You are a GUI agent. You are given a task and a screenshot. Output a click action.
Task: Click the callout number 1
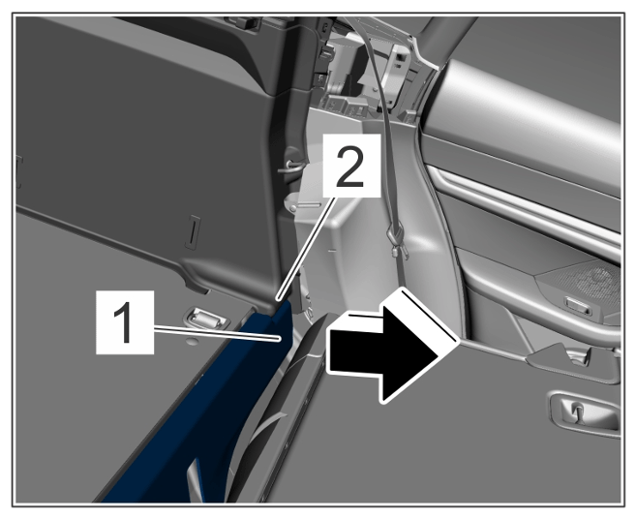coord(125,322)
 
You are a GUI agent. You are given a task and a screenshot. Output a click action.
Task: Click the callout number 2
coord(351,167)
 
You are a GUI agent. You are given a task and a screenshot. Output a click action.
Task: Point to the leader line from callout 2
coord(306,248)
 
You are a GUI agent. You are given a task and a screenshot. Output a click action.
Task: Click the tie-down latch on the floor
coord(206,318)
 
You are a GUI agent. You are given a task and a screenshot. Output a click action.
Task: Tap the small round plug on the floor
coord(193,340)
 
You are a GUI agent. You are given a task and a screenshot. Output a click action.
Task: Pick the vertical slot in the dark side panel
coord(193,231)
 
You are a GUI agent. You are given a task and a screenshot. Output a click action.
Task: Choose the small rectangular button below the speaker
coord(578,305)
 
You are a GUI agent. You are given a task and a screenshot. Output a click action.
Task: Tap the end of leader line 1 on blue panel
coord(280,338)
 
